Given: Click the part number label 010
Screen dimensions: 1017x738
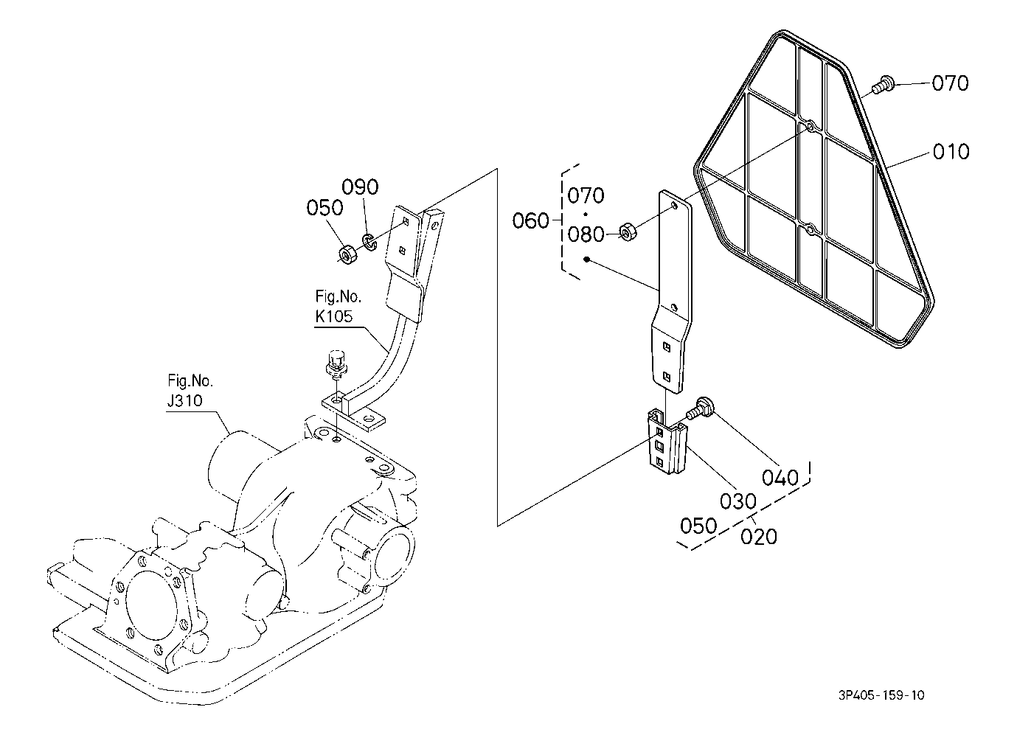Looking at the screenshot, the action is point(951,152).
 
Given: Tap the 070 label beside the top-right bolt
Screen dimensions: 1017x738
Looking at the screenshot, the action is point(950,83).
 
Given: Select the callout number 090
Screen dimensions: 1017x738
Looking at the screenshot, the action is point(360,187).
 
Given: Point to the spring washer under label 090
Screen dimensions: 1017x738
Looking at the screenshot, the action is point(369,242).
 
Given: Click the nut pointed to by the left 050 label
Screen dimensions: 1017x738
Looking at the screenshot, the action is point(348,254).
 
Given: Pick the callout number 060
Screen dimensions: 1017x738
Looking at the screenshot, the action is point(530,221).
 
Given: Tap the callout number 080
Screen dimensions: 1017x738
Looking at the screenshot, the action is point(586,234).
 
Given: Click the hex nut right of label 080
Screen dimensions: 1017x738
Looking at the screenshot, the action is point(628,232).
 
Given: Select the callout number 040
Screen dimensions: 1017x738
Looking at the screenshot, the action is point(780,478).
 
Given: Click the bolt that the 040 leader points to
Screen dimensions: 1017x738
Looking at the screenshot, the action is point(699,408).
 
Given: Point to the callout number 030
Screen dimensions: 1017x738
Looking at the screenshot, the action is point(737,501).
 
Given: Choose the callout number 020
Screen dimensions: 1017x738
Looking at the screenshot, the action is point(758,537).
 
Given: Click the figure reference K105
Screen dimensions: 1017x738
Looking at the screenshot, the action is point(333,316).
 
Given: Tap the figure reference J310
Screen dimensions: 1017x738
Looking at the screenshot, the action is point(185,401).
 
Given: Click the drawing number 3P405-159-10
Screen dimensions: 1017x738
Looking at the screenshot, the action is point(881,708).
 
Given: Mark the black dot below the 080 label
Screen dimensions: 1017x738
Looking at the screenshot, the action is point(586,260).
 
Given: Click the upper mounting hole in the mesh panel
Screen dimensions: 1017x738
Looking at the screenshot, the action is point(810,127).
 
